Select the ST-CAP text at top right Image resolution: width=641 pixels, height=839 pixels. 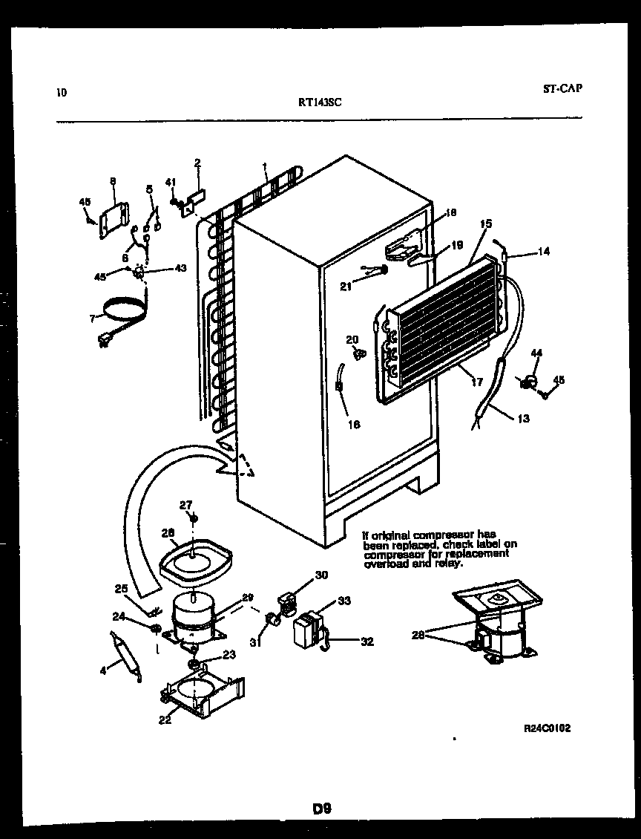tap(562, 88)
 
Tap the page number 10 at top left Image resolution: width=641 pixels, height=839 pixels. tap(61, 93)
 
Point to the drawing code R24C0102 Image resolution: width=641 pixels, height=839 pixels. tap(547, 729)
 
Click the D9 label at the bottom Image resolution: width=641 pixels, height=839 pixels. tap(320, 809)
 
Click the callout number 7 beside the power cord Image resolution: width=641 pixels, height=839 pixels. tap(92, 318)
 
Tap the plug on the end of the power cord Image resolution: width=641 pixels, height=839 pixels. tap(105, 342)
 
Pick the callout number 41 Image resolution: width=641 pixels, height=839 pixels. tap(170, 182)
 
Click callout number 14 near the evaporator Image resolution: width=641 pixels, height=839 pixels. tap(544, 252)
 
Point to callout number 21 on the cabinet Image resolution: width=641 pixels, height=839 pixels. tap(345, 287)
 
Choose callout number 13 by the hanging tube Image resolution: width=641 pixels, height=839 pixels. tap(523, 419)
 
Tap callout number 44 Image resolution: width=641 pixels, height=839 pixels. tap(536, 353)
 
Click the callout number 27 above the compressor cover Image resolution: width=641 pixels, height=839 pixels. tap(185, 505)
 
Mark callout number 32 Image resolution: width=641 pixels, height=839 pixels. tap(366, 642)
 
